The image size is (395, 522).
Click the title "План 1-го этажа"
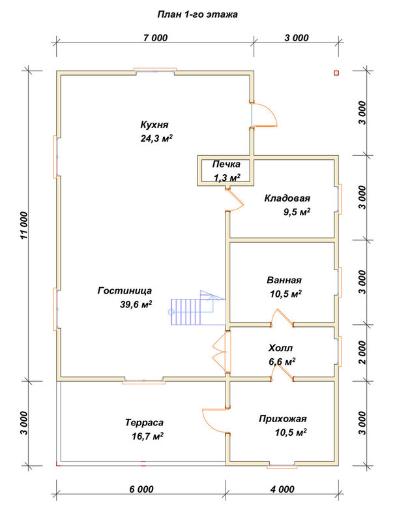(197, 14)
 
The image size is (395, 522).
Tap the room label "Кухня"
(154, 125)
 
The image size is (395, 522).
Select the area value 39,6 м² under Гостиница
(136, 305)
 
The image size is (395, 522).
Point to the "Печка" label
(226, 164)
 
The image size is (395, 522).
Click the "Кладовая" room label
(287, 198)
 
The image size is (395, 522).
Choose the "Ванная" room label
(284, 281)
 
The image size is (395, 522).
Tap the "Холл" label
(281, 348)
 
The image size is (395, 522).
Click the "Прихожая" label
(283, 419)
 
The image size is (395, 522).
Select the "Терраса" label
(144, 423)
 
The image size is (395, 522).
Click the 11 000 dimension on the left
(24, 225)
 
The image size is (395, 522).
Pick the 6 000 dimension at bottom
(141, 489)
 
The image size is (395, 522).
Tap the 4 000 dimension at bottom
(282, 489)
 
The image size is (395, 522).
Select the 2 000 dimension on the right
(362, 352)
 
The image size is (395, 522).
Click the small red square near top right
(336, 73)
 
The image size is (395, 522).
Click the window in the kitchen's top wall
(155, 70)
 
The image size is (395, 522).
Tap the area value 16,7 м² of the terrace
(147, 437)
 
